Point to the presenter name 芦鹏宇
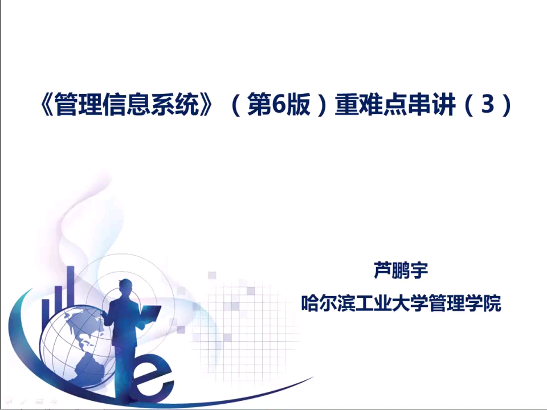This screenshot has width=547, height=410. pyautogui.click(x=401, y=270)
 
